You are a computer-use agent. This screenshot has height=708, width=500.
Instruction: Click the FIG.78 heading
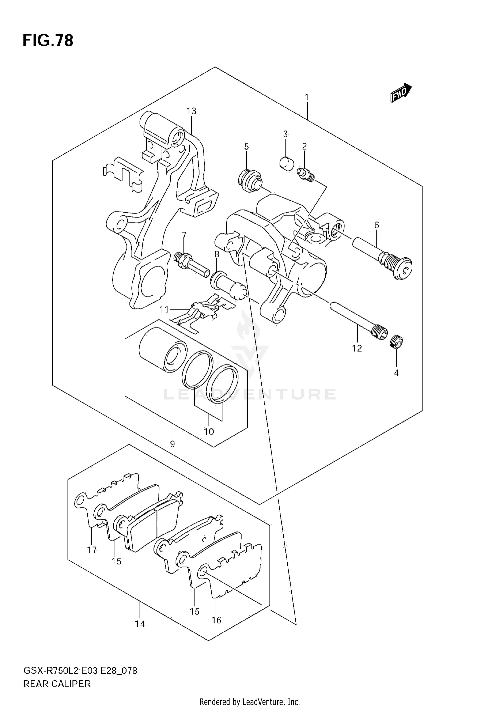point(48,41)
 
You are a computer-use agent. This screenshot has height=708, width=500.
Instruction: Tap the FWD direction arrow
point(401,93)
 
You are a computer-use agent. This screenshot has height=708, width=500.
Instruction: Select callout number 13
point(191,111)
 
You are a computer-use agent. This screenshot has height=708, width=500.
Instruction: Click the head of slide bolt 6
point(402,269)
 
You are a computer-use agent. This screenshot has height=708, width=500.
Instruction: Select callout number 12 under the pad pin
point(357,349)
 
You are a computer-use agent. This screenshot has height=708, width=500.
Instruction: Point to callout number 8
point(217,255)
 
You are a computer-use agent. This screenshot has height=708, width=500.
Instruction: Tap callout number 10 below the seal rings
point(209,432)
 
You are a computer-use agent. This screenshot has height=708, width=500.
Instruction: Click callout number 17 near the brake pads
point(92,550)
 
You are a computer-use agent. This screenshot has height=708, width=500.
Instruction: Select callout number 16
point(216,620)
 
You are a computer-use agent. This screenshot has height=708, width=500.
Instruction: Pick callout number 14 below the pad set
point(140,624)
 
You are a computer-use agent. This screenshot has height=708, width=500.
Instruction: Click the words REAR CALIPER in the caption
point(57,684)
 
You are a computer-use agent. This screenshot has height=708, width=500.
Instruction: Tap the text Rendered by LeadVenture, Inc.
point(250,702)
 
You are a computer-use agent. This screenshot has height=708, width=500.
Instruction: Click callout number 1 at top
point(306,97)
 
